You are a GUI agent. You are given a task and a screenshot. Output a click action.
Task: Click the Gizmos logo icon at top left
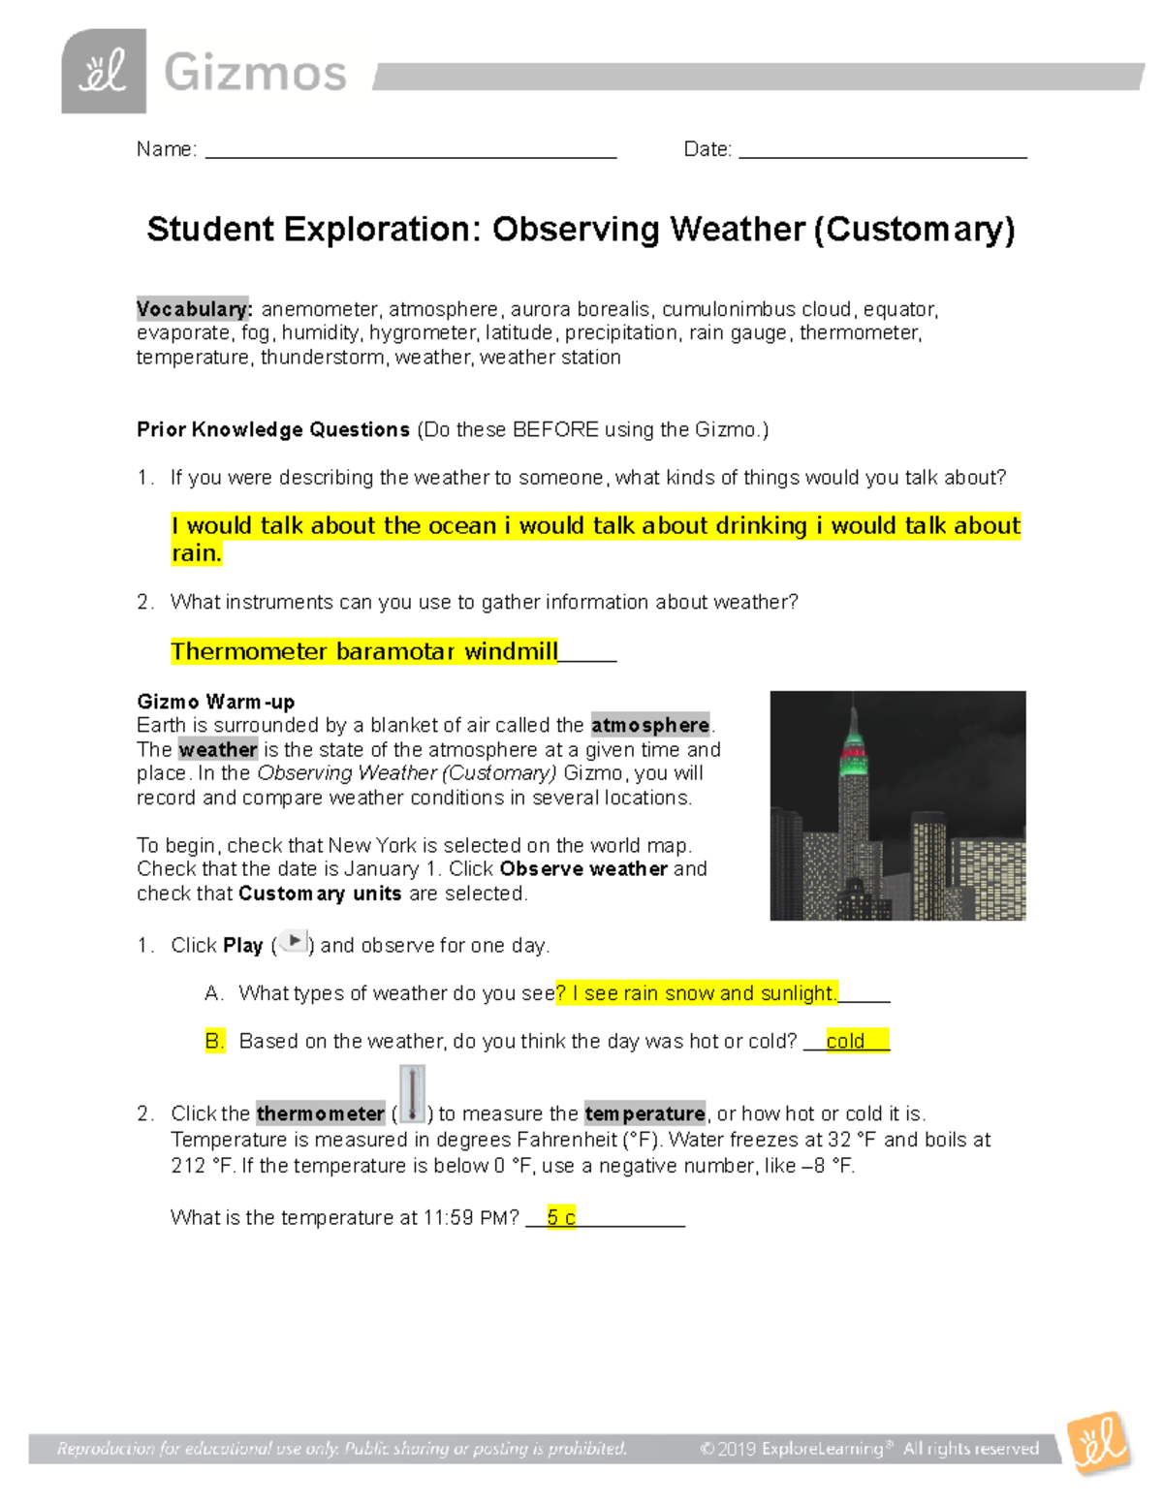(104, 72)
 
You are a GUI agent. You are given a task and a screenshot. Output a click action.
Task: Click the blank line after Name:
(411, 151)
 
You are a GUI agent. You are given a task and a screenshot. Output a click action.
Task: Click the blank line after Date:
(882, 151)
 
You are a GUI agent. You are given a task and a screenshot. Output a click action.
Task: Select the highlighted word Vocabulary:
(194, 309)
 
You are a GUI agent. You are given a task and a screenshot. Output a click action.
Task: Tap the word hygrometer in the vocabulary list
(423, 333)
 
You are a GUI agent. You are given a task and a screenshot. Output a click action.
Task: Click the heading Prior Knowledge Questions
(273, 429)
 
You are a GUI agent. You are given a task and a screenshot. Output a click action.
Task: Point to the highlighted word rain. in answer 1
(197, 553)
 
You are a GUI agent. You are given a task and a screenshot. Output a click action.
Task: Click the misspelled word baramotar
(395, 651)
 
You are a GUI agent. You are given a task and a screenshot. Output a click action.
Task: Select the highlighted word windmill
(511, 651)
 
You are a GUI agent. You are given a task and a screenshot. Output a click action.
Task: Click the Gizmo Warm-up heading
(215, 702)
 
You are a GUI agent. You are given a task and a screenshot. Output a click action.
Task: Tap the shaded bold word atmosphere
(650, 725)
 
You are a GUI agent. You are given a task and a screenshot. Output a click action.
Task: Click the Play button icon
(293, 941)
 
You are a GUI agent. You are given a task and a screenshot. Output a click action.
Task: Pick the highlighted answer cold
(845, 1041)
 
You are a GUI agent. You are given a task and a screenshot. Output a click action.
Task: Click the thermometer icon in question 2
(412, 1095)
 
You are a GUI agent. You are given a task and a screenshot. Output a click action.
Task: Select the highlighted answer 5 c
(561, 1217)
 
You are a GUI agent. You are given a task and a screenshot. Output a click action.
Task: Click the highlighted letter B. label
(214, 1041)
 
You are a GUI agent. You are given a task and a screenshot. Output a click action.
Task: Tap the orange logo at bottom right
(1100, 1444)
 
